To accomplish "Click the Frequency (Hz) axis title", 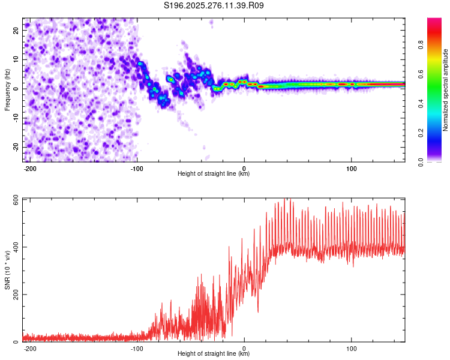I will [x=7, y=89].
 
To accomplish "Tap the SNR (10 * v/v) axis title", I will [x=7, y=270].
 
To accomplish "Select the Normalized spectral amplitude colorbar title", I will [x=446, y=90].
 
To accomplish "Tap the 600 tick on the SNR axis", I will [x=14, y=199].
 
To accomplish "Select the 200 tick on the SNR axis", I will [x=14, y=295].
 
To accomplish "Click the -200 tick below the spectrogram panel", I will [x=30, y=167].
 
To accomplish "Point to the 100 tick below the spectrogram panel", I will [x=351, y=167].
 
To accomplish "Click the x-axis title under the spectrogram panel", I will [x=214, y=174].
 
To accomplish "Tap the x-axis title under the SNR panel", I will [x=214, y=354].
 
